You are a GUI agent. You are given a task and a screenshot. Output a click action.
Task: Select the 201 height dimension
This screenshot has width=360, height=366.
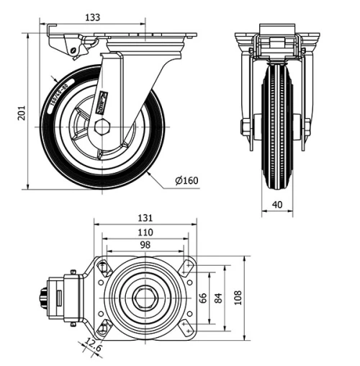click(x=22, y=113)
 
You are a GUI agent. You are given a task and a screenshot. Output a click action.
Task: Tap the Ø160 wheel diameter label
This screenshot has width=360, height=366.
click(x=186, y=180)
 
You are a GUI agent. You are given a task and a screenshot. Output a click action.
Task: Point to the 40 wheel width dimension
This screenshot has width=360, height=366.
click(x=277, y=205)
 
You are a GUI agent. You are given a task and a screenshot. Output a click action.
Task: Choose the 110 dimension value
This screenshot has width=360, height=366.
click(x=145, y=233)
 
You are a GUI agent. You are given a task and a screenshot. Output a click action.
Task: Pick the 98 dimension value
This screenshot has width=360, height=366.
click(x=145, y=246)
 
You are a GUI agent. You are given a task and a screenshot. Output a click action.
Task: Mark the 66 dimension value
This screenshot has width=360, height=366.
click(x=204, y=297)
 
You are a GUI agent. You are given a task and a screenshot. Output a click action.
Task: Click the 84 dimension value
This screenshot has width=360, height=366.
click(x=219, y=297)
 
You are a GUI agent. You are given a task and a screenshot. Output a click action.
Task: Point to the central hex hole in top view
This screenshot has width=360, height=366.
click(x=144, y=297)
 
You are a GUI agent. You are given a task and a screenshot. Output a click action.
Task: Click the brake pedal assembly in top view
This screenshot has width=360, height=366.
click(x=61, y=297)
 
